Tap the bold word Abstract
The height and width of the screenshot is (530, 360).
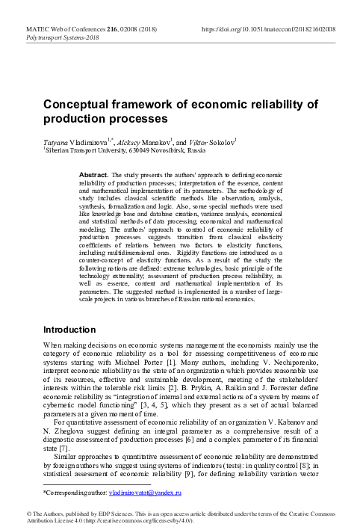[93, 174]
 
